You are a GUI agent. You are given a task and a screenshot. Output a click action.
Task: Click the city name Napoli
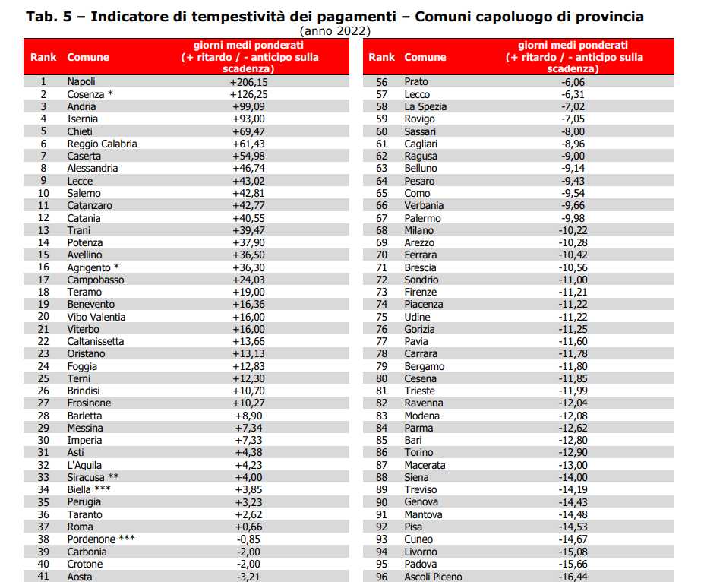(x=81, y=82)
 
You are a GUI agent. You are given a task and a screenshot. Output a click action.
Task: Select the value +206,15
(x=249, y=82)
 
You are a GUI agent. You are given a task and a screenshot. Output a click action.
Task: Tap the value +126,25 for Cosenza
(x=249, y=94)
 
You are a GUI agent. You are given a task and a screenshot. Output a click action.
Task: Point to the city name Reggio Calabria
(x=102, y=144)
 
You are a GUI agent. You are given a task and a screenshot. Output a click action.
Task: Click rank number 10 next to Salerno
(x=43, y=193)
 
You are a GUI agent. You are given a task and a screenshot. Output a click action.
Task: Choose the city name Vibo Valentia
(x=96, y=317)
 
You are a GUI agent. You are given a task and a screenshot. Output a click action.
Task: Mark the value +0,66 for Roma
(x=249, y=527)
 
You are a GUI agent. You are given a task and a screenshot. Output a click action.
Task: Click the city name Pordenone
(x=91, y=539)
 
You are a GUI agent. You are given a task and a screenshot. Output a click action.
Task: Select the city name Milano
(x=419, y=230)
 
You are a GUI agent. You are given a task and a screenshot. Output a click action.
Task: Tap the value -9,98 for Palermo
(x=573, y=218)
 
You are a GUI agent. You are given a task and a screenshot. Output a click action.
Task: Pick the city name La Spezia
(x=425, y=107)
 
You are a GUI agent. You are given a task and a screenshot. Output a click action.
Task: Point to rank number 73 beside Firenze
(x=382, y=292)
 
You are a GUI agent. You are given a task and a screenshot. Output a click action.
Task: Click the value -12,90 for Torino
(x=573, y=453)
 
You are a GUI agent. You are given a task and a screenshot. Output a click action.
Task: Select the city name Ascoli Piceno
(x=433, y=577)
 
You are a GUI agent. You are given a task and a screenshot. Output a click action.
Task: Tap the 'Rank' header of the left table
(x=43, y=57)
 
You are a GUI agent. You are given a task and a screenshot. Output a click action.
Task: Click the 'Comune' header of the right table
(x=425, y=57)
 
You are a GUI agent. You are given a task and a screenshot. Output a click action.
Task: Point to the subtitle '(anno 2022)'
(x=336, y=31)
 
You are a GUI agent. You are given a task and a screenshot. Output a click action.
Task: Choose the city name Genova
(x=421, y=502)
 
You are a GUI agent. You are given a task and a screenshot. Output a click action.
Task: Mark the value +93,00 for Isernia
(x=249, y=119)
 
